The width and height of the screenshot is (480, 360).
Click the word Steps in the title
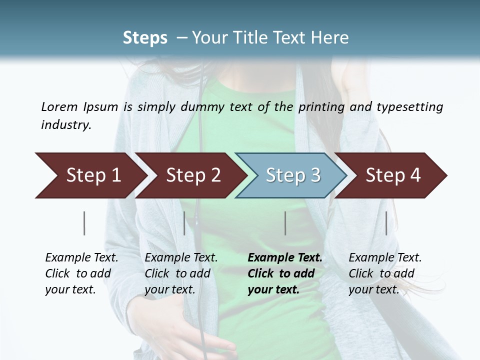coord(145,38)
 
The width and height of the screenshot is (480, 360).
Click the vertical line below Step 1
coord(84,223)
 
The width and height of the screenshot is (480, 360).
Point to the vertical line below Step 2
coord(184,223)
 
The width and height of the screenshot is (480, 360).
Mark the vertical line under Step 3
coord(285,223)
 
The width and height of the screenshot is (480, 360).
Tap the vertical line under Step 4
coord(386,223)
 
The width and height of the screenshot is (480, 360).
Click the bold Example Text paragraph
coord(284,273)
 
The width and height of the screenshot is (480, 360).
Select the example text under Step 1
coord(81,273)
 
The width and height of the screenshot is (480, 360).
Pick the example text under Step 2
coord(181,273)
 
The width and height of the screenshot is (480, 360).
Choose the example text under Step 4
coord(385,273)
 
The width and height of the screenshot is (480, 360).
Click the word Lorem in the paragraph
coord(59,106)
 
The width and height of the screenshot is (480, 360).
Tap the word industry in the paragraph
coord(66,125)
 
